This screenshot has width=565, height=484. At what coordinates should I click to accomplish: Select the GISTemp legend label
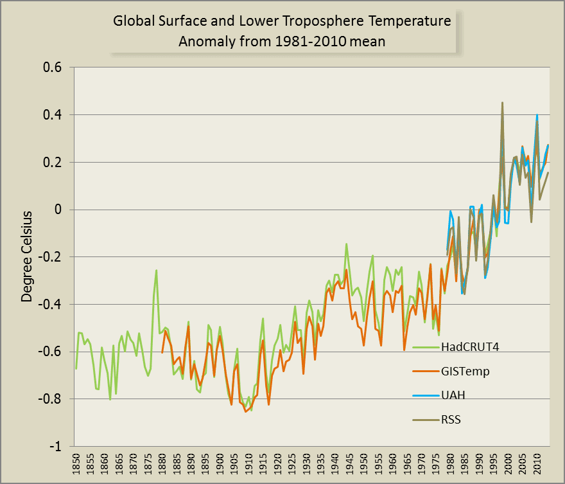[x=465, y=371]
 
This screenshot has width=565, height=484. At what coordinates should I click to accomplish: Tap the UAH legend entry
[x=453, y=395]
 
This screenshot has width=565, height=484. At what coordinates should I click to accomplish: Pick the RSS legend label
[x=451, y=420]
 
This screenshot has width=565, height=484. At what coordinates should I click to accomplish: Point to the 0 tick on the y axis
[x=58, y=210]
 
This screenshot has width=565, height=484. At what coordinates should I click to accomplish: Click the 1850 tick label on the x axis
[x=76, y=464]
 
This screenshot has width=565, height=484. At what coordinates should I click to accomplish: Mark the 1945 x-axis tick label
[x=349, y=464]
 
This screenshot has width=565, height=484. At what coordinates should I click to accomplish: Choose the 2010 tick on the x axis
[x=537, y=464]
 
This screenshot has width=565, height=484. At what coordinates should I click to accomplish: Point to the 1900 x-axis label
[x=220, y=464]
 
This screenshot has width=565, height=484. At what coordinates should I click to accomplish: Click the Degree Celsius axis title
[x=27, y=256]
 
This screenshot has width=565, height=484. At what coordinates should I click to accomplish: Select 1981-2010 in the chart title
[x=311, y=42]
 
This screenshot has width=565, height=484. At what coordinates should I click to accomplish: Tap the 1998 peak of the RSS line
[x=502, y=103]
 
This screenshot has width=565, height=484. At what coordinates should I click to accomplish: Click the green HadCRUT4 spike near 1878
[x=157, y=270]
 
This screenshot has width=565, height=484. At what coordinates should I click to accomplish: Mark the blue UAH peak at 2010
[x=537, y=115]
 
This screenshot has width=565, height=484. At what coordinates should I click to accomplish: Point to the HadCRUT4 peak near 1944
[x=346, y=244]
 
